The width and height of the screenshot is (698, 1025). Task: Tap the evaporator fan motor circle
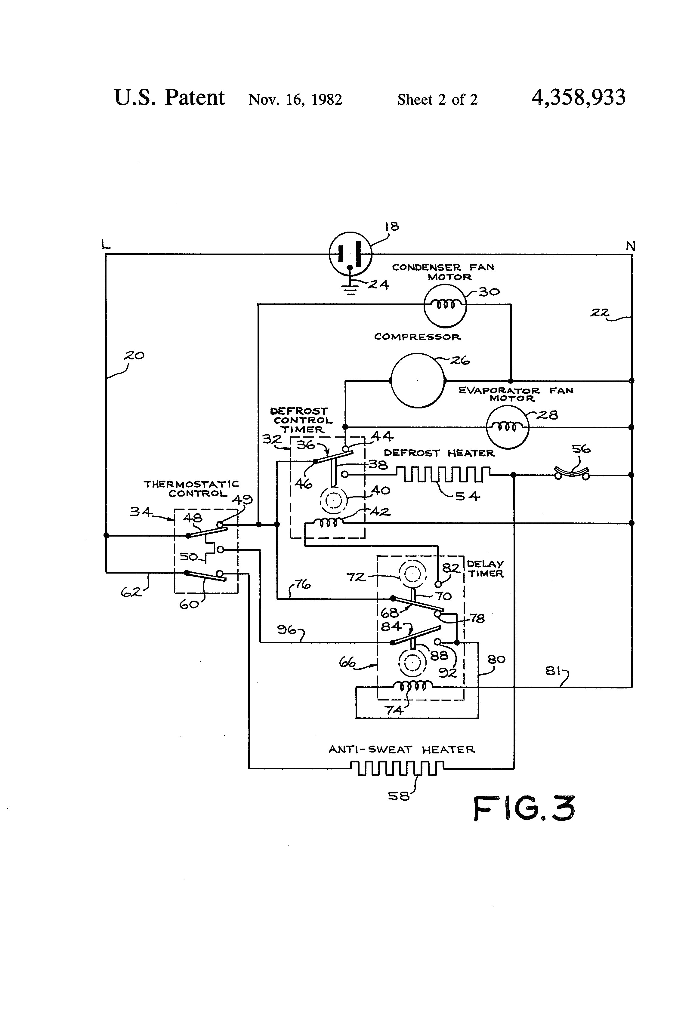pos(507,427)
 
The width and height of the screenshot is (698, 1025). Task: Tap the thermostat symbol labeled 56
pos(572,475)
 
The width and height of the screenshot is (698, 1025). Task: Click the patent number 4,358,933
pos(579,97)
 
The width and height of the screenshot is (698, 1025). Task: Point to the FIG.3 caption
pos(524,808)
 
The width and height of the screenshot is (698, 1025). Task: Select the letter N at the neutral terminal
pos(631,246)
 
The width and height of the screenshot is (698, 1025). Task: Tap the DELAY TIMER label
pos(485,568)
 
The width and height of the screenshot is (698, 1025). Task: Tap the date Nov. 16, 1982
pos(295,99)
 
